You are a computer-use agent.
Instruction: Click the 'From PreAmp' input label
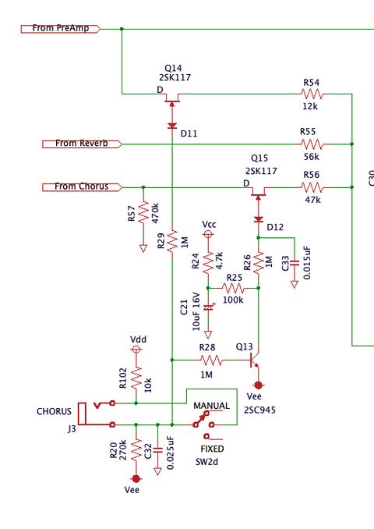coord(65,29)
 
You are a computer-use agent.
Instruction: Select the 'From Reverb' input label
coord(86,144)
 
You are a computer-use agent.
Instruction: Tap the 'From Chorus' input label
coord(86,186)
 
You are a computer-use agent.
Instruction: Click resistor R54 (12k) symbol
coord(312,94)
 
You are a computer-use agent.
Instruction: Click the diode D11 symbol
coord(171,125)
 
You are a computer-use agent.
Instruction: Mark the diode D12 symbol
coord(259,218)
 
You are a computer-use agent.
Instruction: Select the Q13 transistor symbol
coord(254,360)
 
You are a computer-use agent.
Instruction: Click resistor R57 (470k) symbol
coord(143,213)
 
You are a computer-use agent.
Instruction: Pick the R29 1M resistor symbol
coord(171,242)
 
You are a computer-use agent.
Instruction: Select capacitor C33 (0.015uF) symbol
coord(294,263)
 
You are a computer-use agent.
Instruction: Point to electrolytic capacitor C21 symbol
coord(208,307)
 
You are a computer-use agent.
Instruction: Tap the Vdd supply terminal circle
coord(136,350)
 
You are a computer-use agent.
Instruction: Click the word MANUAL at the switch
coord(212,406)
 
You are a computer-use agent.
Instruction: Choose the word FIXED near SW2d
coord(213,450)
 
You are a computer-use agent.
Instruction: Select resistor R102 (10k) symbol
coord(136,379)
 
